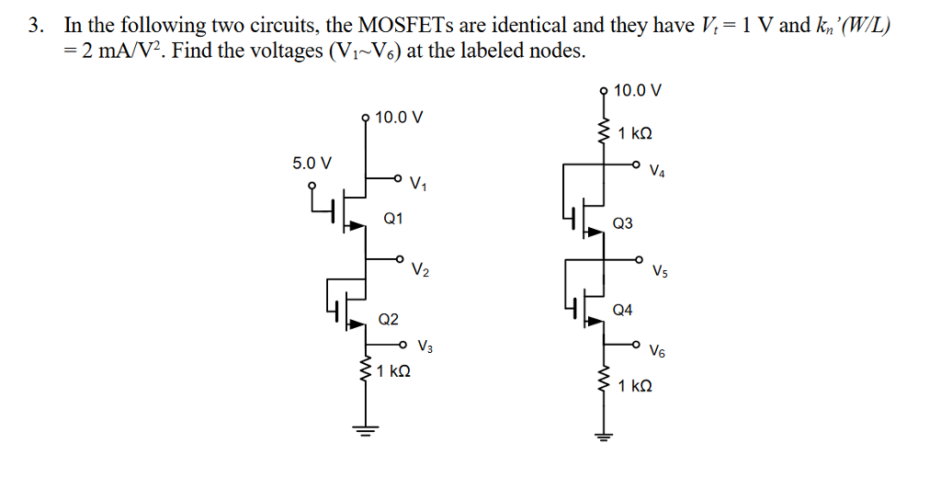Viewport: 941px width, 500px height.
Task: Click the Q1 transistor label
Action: click(393, 219)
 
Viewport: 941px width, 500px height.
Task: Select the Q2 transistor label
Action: click(389, 320)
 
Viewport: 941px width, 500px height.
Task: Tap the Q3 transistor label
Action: click(622, 223)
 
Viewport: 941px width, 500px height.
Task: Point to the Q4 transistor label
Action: click(622, 310)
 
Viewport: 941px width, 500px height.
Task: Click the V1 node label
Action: click(419, 184)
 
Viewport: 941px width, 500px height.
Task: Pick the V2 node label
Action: click(419, 270)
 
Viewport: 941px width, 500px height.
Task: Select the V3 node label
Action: click(425, 347)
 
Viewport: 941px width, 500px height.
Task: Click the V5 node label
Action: click(659, 271)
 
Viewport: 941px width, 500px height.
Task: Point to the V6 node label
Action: click(657, 351)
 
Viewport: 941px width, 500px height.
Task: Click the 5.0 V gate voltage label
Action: click(312, 164)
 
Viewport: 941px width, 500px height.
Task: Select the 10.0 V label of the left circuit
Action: click(400, 118)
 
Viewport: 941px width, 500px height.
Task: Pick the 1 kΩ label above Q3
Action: click(635, 134)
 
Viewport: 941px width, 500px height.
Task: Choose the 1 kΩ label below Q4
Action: click(635, 387)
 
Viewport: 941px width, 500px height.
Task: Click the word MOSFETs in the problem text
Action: click(391, 27)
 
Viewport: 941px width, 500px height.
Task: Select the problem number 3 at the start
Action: click(34, 27)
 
